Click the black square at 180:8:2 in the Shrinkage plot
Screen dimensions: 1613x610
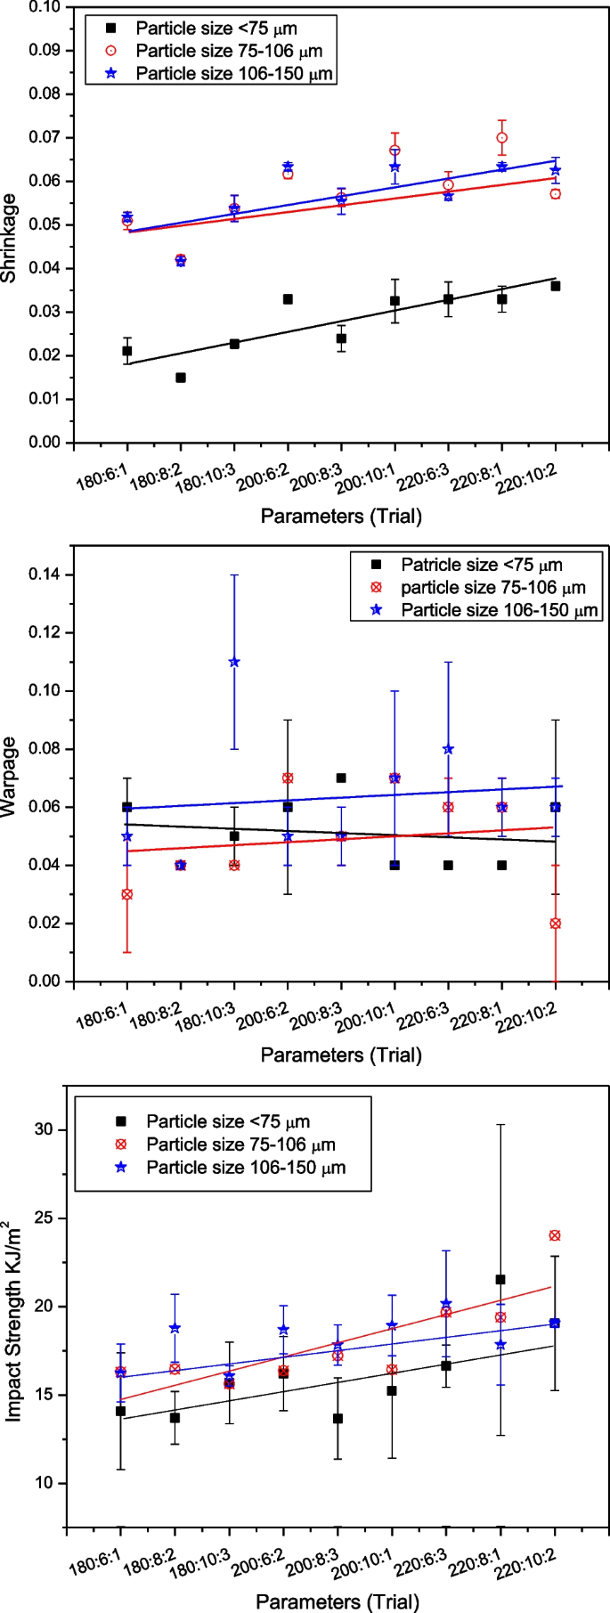pyautogui.click(x=181, y=378)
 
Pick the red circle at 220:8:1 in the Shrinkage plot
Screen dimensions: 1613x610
pyautogui.click(x=502, y=138)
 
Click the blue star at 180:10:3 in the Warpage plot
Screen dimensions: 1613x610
pyautogui.click(x=234, y=662)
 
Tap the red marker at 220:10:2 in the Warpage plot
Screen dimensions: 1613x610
pyautogui.click(x=556, y=924)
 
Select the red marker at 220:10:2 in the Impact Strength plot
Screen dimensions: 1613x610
pyautogui.click(x=555, y=1235)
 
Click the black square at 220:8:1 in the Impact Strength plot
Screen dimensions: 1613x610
pyautogui.click(x=500, y=1280)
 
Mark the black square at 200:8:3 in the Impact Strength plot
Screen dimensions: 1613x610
pyautogui.click(x=338, y=1418)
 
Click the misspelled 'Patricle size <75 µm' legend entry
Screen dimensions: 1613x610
pyautogui.click(x=481, y=565)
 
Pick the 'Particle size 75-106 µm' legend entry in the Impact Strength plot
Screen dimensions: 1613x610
pyautogui.click(x=240, y=1145)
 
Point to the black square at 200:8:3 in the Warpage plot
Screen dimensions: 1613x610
pyautogui.click(x=341, y=778)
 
